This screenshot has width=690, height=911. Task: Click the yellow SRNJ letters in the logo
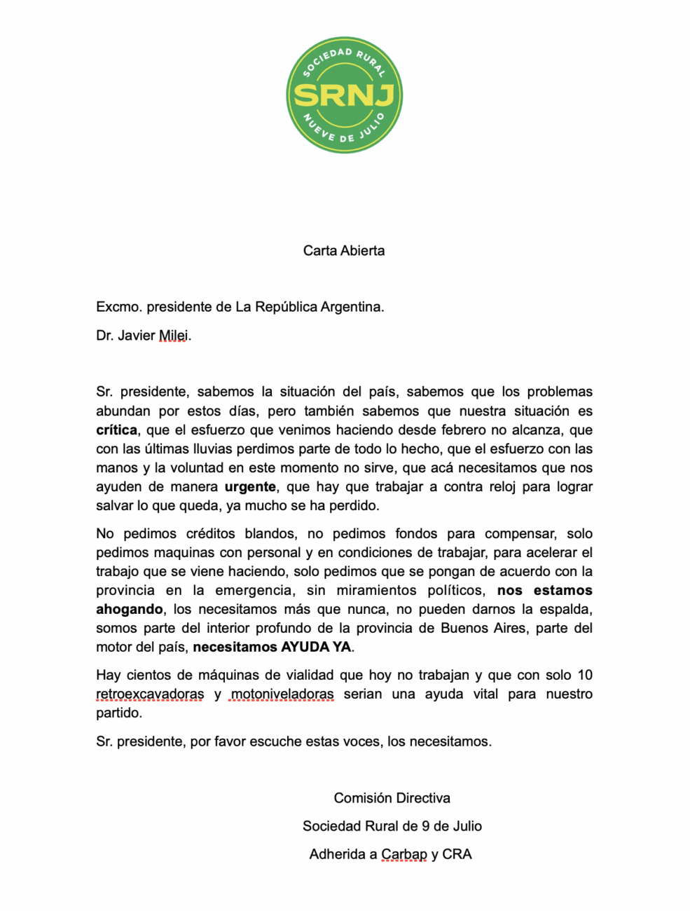pyautogui.click(x=344, y=95)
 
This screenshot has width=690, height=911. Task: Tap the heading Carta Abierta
pyautogui.click(x=344, y=251)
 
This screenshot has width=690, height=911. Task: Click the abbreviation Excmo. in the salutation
pyautogui.click(x=118, y=307)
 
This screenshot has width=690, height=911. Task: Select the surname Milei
pyautogui.click(x=174, y=336)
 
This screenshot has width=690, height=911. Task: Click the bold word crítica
pyautogui.click(x=116, y=430)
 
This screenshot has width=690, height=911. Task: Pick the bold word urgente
pyautogui.click(x=250, y=487)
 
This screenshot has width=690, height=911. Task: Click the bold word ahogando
pyautogui.click(x=130, y=610)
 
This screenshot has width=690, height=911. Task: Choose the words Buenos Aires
pyautogui.click(x=483, y=629)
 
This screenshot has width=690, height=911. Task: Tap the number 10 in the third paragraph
pyautogui.click(x=584, y=676)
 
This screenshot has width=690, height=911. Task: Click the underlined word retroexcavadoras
pyautogui.click(x=150, y=694)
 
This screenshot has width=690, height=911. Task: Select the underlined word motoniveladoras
pyautogui.click(x=282, y=694)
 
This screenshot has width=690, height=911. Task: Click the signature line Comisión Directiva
pyautogui.click(x=392, y=798)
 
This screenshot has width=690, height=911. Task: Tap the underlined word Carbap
pyautogui.click(x=404, y=854)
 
